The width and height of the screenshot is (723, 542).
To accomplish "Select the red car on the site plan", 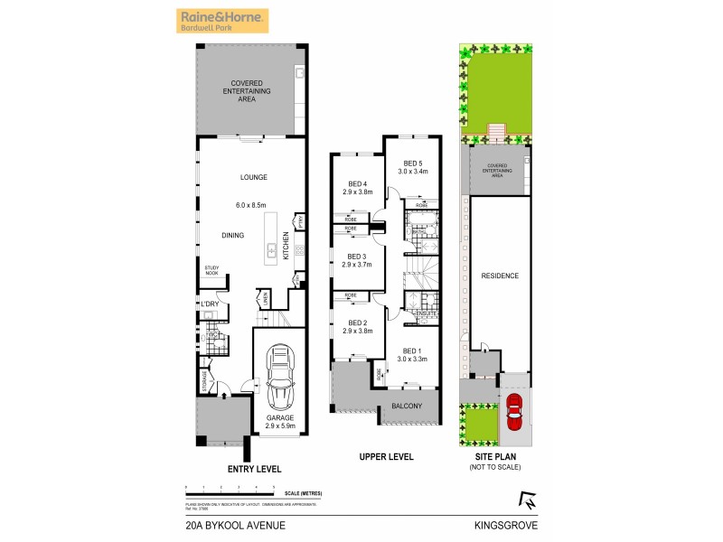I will (515, 412).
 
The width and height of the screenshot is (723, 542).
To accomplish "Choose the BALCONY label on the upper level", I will (407, 406).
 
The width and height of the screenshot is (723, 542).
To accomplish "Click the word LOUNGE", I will (253, 177).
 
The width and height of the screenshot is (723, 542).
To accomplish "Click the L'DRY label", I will (210, 315).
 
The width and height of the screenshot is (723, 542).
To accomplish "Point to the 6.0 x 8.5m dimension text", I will (253, 206).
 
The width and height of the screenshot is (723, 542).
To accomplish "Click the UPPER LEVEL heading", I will (385, 457).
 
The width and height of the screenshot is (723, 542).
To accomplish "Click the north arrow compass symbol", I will (526, 498).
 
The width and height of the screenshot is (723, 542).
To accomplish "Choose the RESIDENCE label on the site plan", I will (499, 276).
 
